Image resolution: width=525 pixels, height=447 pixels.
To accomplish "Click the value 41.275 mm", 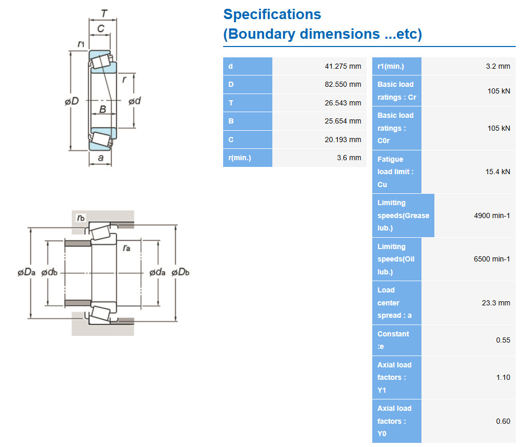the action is pyautogui.click(x=343, y=66).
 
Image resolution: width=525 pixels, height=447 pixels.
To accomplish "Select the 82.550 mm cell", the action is pyautogui.click(x=343, y=84).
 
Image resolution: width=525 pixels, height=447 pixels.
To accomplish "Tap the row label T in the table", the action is pyautogui.click(x=231, y=103).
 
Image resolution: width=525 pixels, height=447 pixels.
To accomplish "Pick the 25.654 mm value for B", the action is pyautogui.click(x=343, y=121).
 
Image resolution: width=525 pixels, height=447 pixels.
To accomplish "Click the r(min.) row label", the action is pyautogui.click(x=240, y=158).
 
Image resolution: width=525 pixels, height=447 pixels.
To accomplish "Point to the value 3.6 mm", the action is pyautogui.click(x=349, y=158).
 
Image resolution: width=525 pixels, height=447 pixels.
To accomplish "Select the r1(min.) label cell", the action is pyautogui.click(x=391, y=66).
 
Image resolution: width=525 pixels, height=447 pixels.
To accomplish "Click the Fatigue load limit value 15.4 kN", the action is pyautogui.click(x=498, y=172).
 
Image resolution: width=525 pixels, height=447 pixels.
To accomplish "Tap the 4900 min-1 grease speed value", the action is pyautogui.click(x=492, y=215).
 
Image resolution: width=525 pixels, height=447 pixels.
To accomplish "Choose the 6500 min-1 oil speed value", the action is pyautogui.click(x=492, y=259).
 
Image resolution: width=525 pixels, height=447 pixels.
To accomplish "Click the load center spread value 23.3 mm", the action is pyautogui.click(x=496, y=303).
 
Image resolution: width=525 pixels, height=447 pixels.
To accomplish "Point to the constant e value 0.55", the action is pyautogui.click(x=503, y=340).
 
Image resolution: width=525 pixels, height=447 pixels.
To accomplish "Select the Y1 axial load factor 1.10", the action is pyautogui.click(x=503, y=377).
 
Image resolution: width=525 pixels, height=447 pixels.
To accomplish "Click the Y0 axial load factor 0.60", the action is pyautogui.click(x=503, y=421).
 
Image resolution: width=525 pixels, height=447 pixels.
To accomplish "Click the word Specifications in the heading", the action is pyautogui.click(x=272, y=14).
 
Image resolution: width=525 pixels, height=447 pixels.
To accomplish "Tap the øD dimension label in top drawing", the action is pyautogui.click(x=71, y=101).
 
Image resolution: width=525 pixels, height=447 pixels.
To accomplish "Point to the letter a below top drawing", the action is pyautogui.click(x=100, y=158).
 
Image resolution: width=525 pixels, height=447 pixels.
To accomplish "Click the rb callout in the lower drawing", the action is pyautogui.click(x=81, y=218).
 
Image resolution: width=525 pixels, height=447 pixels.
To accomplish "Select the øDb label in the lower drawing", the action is pyautogui.click(x=180, y=272).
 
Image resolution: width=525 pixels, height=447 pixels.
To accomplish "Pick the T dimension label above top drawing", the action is pyautogui.click(x=104, y=13).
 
